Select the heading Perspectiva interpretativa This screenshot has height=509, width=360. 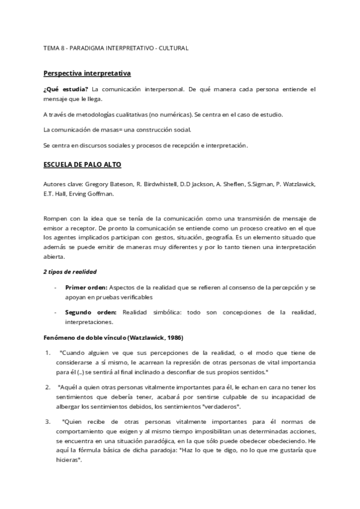coord(87,73)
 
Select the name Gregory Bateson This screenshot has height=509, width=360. coord(110,183)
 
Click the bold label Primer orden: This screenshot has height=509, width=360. coord(87,288)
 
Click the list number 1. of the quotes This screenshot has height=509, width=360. coord(47,352)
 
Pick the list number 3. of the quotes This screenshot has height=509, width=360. coord(47,421)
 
